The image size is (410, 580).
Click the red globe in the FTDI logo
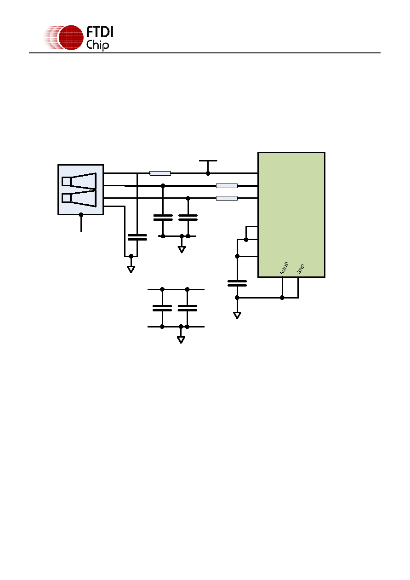[71, 38]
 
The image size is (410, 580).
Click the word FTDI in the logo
[100, 32]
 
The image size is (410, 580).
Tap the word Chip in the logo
[97, 46]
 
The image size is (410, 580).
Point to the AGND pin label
[284, 268]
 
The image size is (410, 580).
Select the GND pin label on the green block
[301, 269]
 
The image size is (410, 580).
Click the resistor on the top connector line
[160, 173]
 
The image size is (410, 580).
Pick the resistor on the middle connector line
[227, 186]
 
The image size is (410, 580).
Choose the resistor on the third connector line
[227, 198]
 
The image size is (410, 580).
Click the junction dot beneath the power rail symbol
[208, 173]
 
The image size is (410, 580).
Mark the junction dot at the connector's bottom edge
[81, 215]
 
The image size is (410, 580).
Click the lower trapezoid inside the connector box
[79, 198]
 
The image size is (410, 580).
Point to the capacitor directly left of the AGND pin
[237, 283]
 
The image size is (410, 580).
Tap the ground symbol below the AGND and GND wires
[237, 316]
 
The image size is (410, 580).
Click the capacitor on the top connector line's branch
[137, 237]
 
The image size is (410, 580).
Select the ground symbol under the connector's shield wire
[131, 270]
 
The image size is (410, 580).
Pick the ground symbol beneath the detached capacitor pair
[181, 340]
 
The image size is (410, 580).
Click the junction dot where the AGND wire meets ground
[282, 298]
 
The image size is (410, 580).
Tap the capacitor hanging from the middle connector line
[163, 218]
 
